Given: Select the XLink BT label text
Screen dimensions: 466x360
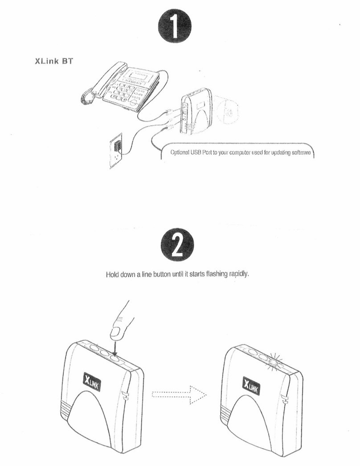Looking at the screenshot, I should coord(54,61).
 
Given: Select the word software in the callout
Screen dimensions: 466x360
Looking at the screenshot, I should coord(303,153).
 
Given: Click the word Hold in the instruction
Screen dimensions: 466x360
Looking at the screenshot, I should coord(112,274).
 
